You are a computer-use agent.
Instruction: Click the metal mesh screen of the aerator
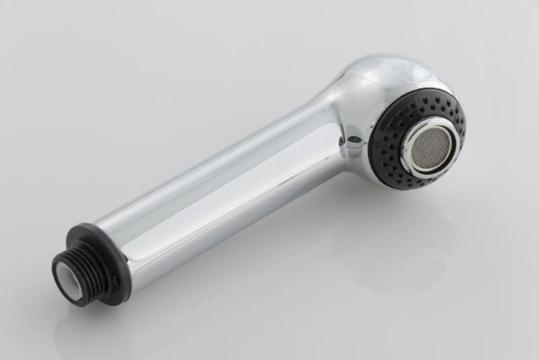432,148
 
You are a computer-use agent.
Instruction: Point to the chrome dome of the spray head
382,81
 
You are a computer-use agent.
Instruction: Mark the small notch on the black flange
116,280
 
